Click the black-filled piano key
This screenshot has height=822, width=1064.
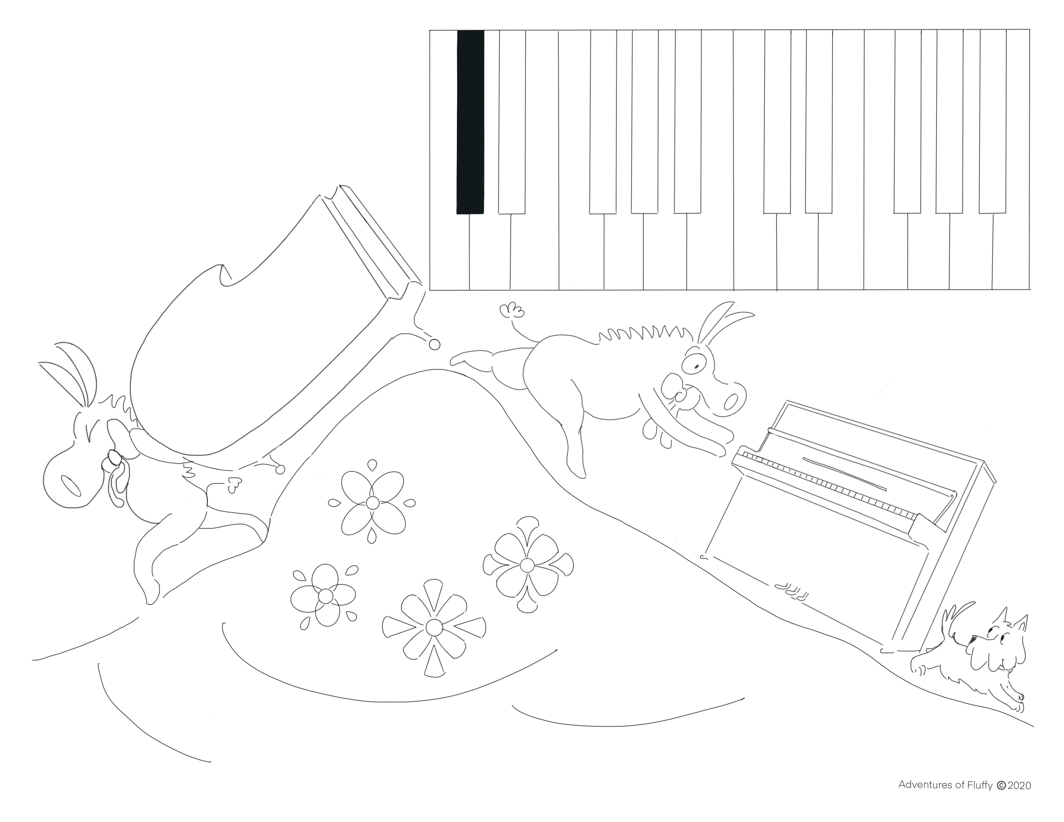click(x=470, y=122)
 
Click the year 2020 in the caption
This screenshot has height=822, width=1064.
click(x=1018, y=798)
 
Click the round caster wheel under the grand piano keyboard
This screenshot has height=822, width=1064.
click(x=435, y=345)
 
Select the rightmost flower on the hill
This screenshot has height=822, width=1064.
click(x=527, y=565)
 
